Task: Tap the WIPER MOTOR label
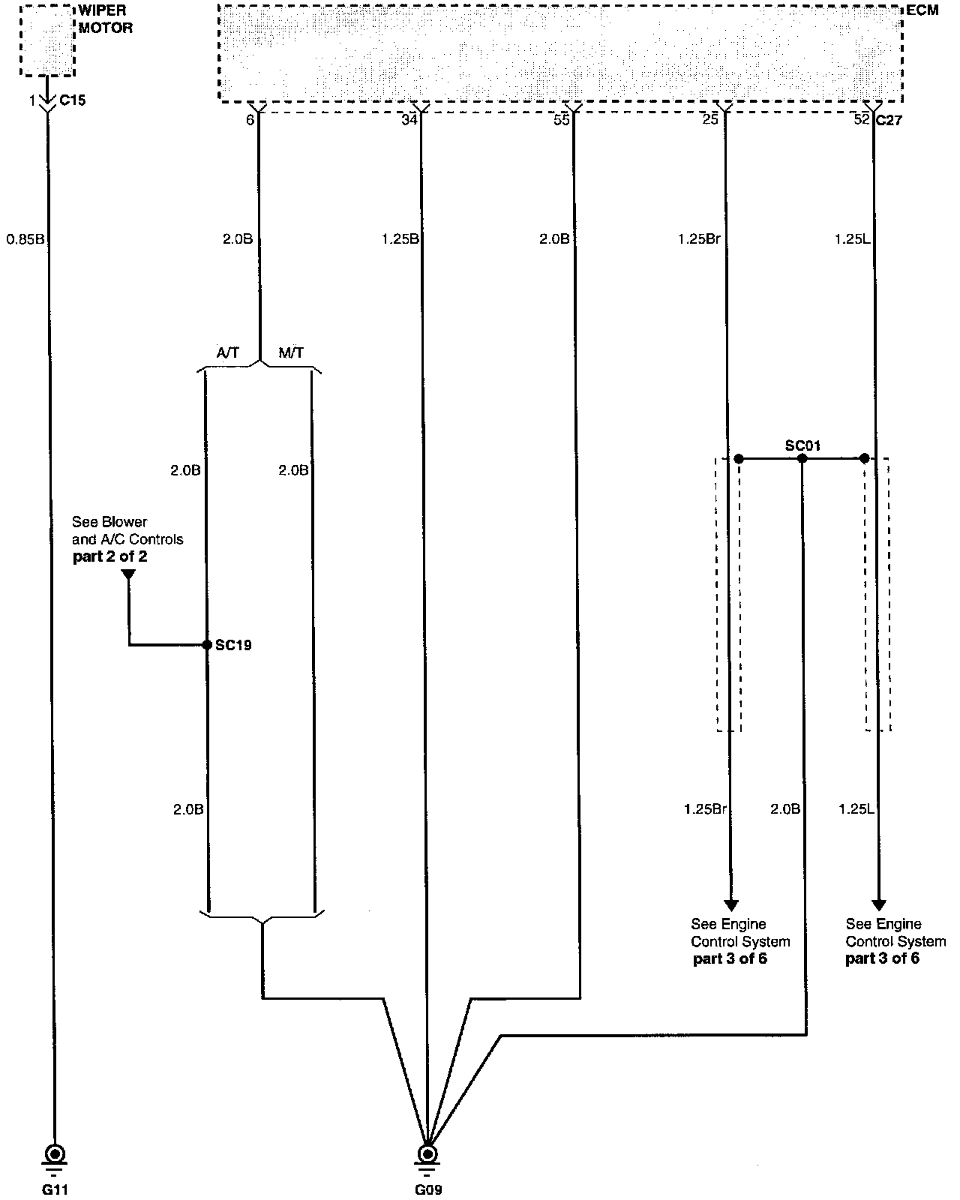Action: (x=105, y=20)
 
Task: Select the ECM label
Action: (x=922, y=10)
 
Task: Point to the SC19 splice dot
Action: (x=206, y=644)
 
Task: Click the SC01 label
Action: (x=802, y=445)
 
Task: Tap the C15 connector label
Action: (x=72, y=100)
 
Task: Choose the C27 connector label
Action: (x=889, y=119)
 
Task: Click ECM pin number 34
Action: (x=409, y=119)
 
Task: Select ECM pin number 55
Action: (x=561, y=119)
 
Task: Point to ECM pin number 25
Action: (x=710, y=119)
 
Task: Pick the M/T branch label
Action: (x=291, y=352)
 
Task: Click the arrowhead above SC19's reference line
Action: (x=128, y=575)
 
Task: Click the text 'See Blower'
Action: (x=109, y=522)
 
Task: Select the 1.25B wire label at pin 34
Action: (x=400, y=239)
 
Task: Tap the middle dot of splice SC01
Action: (x=802, y=458)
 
